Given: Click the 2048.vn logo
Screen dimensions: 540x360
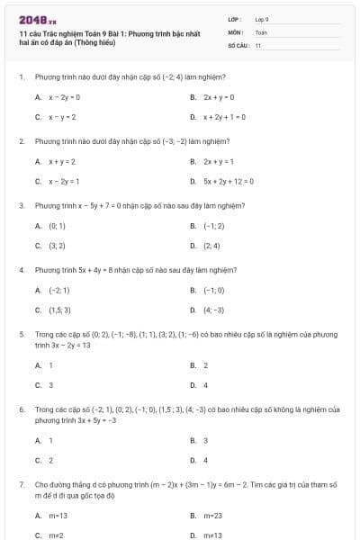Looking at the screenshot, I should click(31, 19).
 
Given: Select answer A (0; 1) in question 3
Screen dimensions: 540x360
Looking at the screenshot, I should click(55, 226).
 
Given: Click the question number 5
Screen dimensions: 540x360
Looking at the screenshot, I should click(21, 334).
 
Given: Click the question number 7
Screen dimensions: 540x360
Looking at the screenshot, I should click(21, 484).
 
